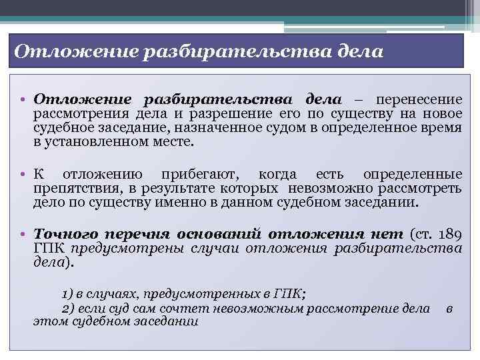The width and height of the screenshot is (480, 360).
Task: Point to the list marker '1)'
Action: pos(67,293)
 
